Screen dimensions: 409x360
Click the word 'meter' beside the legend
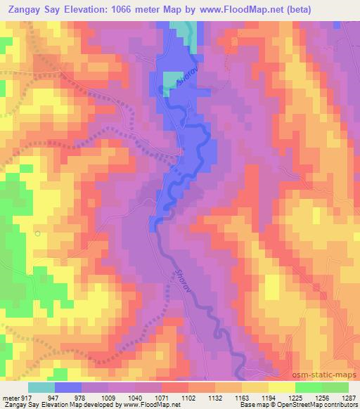click(8, 398)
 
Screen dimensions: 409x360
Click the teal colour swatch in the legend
click(41, 387)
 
